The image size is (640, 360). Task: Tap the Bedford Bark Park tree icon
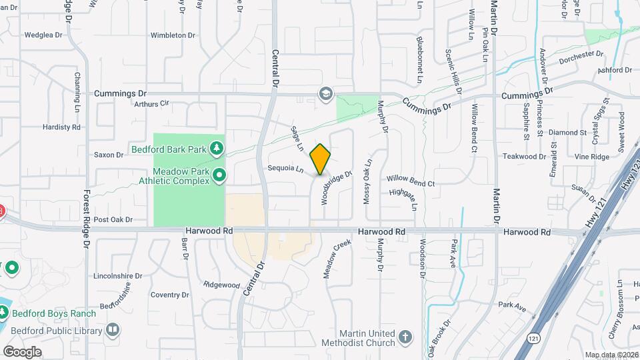pyautogui.click(x=216, y=147)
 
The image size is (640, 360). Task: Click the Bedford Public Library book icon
pyautogui.click(x=113, y=329)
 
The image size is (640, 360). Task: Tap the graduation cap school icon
pyautogui.click(x=326, y=93)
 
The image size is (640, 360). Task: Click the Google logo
pyautogui.click(x=22, y=351)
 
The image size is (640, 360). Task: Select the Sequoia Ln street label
pyautogui.click(x=286, y=169)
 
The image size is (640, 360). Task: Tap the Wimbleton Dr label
pyautogui.click(x=173, y=35)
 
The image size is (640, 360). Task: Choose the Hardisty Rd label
pyautogui.click(x=61, y=127)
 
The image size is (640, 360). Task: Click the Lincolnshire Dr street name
pyautogui.click(x=118, y=275)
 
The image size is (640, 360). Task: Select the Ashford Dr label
pyautogui.click(x=615, y=70)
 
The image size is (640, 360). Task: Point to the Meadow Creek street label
pyautogui.click(x=337, y=259)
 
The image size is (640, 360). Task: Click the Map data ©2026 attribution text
pyautogui.click(x=611, y=355)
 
